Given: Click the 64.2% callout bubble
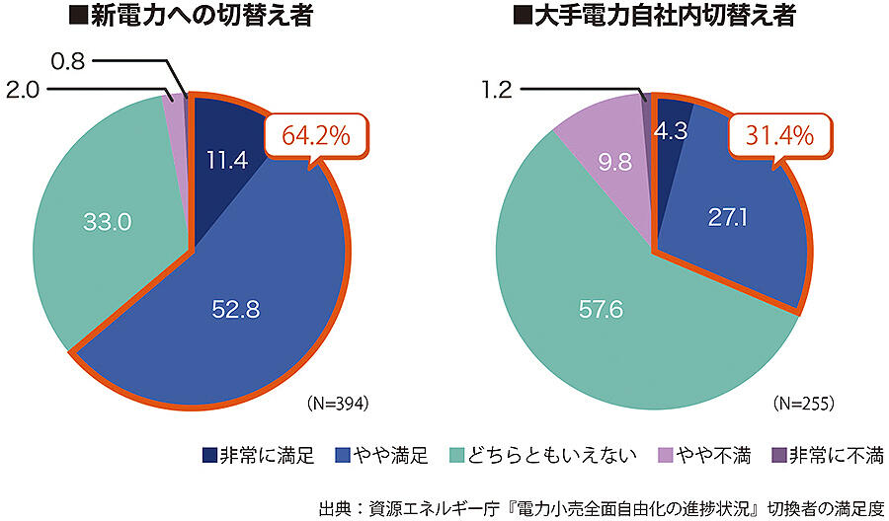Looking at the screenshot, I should (317, 136).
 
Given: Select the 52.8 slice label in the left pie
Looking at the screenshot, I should (235, 309).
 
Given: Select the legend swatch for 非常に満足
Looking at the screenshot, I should (210, 455).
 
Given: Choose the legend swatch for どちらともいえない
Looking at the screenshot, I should (456, 455).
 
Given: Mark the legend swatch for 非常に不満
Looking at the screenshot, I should (779, 455).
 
